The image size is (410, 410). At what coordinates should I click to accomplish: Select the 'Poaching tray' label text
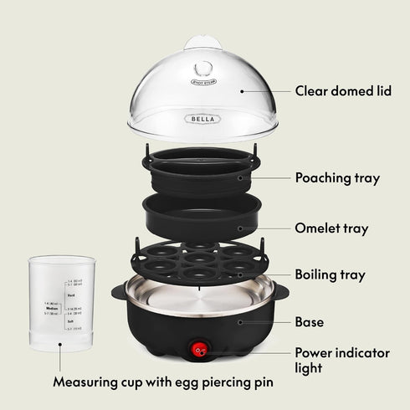click(337, 177)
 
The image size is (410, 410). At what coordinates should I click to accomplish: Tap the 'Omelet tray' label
click(331, 228)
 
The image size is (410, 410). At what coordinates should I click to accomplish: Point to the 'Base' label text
click(309, 322)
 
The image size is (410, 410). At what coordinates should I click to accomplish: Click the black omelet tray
click(201, 217)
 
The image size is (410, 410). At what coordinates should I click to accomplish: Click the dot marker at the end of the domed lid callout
click(242, 90)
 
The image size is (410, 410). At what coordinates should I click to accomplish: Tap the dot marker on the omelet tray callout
click(239, 228)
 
